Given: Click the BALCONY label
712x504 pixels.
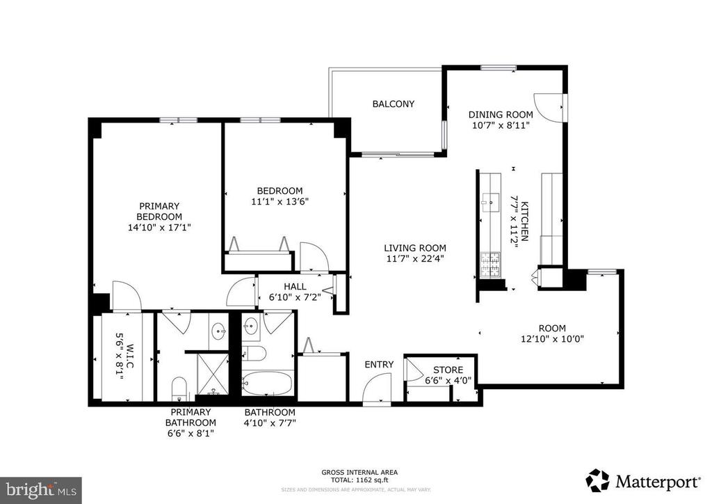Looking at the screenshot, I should coord(393,104).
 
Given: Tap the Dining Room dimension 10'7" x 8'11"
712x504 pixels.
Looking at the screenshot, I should coord(500,126).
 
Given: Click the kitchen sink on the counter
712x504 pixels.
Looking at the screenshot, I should coord(487,204).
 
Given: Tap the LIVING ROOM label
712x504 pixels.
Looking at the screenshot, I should coord(415,248).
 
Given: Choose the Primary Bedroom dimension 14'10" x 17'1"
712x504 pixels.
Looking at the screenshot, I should coord(159,227).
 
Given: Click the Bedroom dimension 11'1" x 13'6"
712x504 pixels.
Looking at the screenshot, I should coord(280,203).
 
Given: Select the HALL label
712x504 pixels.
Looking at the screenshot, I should coord(295,286).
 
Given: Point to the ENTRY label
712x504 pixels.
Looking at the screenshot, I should coord(379,364).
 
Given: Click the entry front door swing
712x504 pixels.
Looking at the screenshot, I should coord(380,388).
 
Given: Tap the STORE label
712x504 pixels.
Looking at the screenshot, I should coord(448,370).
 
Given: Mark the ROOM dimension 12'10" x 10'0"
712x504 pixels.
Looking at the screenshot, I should coord(552,340).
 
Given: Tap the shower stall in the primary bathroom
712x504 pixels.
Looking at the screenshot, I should coord(213,373).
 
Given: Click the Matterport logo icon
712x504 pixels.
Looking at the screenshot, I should coord(597,480).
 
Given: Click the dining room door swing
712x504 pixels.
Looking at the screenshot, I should coord(548,107).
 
